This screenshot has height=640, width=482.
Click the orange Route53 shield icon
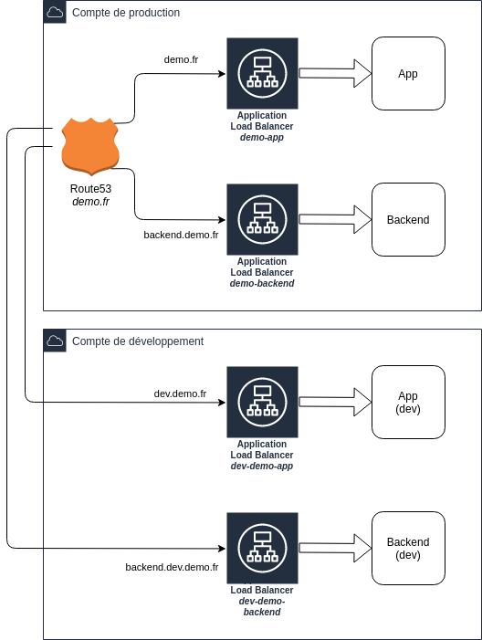pyautogui.click(x=90, y=146)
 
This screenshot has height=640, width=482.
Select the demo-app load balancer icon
pyautogui.click(x=262, y=73)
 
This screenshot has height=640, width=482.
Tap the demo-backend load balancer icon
pyautogui.click(x=262, y=220)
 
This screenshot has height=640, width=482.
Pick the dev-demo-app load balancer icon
pyautogui.click(x=262, y=402)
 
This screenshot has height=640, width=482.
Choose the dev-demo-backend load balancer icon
pyautogui.click(x=262, y=548)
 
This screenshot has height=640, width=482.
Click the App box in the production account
pyautogui.click(x=408, y=73)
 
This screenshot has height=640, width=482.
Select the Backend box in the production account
pyautogui.click(x=408, y=220)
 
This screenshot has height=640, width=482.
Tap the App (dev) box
pyautogui.click(x=408, y=402)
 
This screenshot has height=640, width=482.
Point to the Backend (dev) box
pyautogui.click(x=408, y=548)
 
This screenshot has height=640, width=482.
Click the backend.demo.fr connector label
pyautogui.click(x=181, y=235)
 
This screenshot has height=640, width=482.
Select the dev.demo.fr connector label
pyautogui.click(x=180, y=393)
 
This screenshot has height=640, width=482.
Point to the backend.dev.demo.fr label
pyautogui.click(x=172, y=567)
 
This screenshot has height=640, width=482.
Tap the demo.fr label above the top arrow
pyautogui.click(x=181, y=59)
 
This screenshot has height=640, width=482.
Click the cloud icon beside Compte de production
pyautogui.click(x=55, y=12)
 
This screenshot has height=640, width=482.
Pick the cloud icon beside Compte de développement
pyautogui.click(x=55, y=341)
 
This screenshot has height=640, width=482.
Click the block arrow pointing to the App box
pyautogui.click(x=335, y=73)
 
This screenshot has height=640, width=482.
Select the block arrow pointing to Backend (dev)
pyautogui.click(x=335, y=548)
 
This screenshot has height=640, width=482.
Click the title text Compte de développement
pyautogui.click(x=138, y=341)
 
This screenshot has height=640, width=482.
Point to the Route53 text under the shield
pyautogui.click(x=90, y=189)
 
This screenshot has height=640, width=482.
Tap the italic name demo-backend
pyautogui.click(x=262, y=283)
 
